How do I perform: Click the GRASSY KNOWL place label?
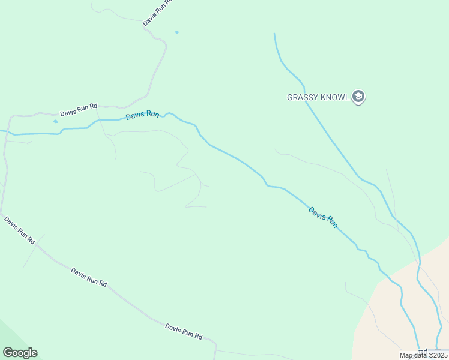pyautogui.click(x=318, y=97)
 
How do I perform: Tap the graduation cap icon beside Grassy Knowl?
pyautogui.click(x=358, y=97)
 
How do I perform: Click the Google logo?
pyautogui.click(x=20, y=352)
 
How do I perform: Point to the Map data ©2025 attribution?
pyautogui.click(x=423, y=355)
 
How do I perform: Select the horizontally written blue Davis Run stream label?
pyautogui.click(x=142, y=114)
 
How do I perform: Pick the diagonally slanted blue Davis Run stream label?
pyautogui.click(x=323, y=217)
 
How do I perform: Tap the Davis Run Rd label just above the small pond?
pyautogui.click(x=79, y=110)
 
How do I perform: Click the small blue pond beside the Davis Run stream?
pyautogui.click(x=56, y=121)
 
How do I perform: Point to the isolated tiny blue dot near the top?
pyautogui.click(x=176, y=32)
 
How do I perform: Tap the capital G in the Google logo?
pyautogui.click(x=8, y=352)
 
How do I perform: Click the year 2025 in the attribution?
pyautogui.click(x=438, y=355)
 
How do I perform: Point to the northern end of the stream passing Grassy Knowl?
pyautogui.click(x=274, y=34)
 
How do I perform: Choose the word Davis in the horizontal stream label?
pyautogui.click(x=135, y=115)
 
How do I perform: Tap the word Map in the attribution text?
pyautogui.click(x=406, y=355)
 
